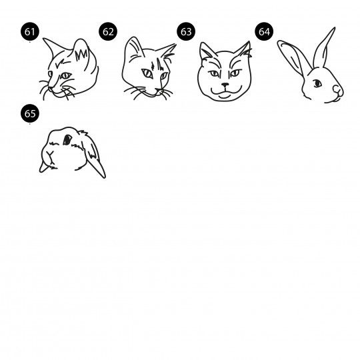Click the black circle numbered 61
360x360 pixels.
(x=30, y=31)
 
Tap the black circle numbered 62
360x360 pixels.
(x=108, y=31)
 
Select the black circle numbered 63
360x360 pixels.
(x=186, y=31)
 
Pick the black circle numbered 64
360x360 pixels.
(x=264, y=31)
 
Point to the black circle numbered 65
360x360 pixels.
(x=30, y=113)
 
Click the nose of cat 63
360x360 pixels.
(x=225, y=85)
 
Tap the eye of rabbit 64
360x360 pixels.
(x=317, y=83)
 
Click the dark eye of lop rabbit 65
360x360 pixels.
(x=67, y=139)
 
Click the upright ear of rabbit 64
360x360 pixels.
(x=324, y=48)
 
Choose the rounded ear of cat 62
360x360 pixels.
(x=134, y=48)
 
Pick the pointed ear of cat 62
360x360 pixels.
(x=166, y=51)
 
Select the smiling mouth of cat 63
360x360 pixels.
(x=226, y=92)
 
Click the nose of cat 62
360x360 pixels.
(x=159, y=89)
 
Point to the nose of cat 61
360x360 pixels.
(x=50, y=89)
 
